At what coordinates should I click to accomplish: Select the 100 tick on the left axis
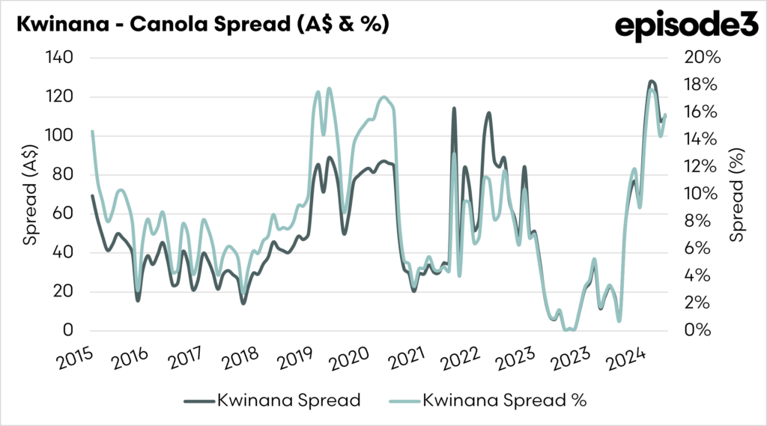61,136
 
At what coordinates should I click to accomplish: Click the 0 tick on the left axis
68,331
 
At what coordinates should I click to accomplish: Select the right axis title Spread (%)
739,194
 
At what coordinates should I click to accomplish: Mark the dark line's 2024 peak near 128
652,81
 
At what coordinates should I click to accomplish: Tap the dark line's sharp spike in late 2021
454,109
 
